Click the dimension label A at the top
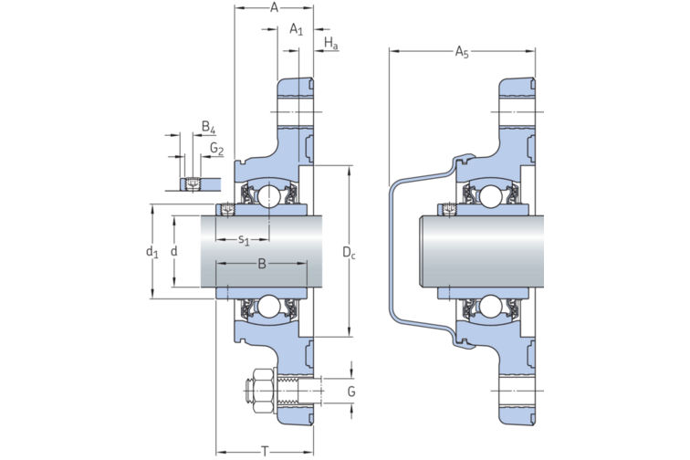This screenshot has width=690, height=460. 275,7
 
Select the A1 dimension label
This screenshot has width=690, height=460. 296,29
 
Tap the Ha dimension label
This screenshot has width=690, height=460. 331,45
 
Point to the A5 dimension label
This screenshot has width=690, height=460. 462,54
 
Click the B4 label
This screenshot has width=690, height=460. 208,127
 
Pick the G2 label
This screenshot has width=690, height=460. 216,148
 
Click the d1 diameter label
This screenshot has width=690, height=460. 152,252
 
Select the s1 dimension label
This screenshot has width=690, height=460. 244,240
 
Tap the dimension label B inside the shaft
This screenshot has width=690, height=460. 261,265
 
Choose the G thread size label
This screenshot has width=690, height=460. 350,392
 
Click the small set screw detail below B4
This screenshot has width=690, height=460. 192,184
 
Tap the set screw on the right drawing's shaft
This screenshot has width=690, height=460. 448,211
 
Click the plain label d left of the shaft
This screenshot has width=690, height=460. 173,252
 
